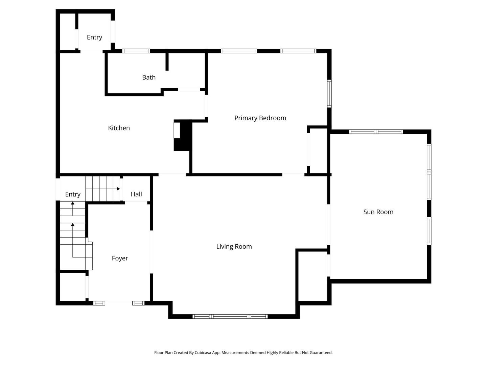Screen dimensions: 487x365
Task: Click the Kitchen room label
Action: tap(119, 128)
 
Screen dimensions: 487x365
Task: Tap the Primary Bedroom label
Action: tap(260, 118)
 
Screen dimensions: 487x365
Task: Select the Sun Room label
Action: tap(378, 212)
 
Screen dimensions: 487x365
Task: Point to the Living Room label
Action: tap(234, 247)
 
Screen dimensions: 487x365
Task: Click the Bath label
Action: tap(149, 77)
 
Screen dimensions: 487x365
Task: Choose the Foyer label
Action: tap(120, 258)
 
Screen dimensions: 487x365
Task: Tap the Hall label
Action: tap(136, 194)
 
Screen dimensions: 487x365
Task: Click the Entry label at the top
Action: tap(94, 37)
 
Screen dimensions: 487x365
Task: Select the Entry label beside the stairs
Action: tap(73, 194)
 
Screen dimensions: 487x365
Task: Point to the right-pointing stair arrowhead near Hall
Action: tap(118, 189)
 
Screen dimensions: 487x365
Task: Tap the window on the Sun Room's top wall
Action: tap(376, 132)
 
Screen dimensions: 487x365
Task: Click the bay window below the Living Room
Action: tap(230, 316)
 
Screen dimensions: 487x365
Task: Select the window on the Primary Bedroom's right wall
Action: tap(329, 94)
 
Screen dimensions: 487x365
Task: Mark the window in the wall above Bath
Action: tap(136, 51)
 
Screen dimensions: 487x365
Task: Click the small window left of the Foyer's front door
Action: tap(99, 303)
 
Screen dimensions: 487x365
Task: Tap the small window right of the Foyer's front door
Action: tap(138, 303)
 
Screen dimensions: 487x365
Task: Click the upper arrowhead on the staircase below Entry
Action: tap(73, 203)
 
